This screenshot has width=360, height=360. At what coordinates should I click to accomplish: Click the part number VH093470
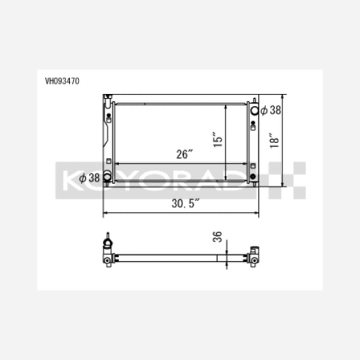click(x=62, y=81)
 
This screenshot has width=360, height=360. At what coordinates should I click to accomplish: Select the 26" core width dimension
click(x=184, y=154)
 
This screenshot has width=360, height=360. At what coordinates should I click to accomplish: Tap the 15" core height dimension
click(x=217, y=139)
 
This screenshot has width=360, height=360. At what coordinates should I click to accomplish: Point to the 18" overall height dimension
click(x=274, y=140)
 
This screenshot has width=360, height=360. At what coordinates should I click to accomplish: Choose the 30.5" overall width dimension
click(x=186, y=203)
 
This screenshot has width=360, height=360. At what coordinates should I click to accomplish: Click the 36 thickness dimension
click(x=217, y=236)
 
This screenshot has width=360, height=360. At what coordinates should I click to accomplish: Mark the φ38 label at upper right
click(x=271, y=110)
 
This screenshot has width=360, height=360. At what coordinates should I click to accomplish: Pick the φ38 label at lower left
click(x=90, y=178)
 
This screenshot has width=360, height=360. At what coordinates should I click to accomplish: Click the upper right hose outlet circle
click(x=255, y=111)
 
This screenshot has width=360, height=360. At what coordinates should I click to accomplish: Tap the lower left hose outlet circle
click(x=107, y=176)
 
